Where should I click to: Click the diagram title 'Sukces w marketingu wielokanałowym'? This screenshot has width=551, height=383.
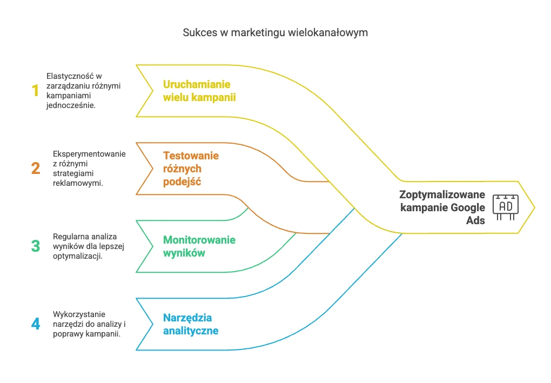point(275,32)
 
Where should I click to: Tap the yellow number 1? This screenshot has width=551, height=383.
point(35,91)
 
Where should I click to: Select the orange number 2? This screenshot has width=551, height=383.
point(36,169)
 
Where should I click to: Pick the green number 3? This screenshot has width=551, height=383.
point(36,246)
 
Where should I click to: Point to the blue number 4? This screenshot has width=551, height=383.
point(36,324)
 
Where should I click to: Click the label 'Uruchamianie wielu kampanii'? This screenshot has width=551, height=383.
point(199,91)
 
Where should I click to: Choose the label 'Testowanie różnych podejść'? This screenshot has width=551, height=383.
point(191,169)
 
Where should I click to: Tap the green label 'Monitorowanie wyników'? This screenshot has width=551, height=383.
point(199,246)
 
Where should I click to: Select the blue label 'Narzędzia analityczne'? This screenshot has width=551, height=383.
point(191,324)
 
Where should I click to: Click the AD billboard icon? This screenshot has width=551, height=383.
point(505,207)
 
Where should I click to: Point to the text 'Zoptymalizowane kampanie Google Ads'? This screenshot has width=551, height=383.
point(442,207)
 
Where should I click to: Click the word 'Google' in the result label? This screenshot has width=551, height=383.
point(467,207)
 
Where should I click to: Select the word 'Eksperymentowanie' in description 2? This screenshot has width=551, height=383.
point(89,154)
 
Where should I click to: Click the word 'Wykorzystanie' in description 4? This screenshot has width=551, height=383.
point(79,314)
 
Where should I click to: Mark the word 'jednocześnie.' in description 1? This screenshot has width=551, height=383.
point(71,105)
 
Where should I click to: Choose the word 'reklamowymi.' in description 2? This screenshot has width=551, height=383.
point(78,183)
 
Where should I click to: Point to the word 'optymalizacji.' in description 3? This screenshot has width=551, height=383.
point(78,256)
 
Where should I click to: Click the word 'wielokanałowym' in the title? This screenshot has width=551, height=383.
point(328,32)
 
